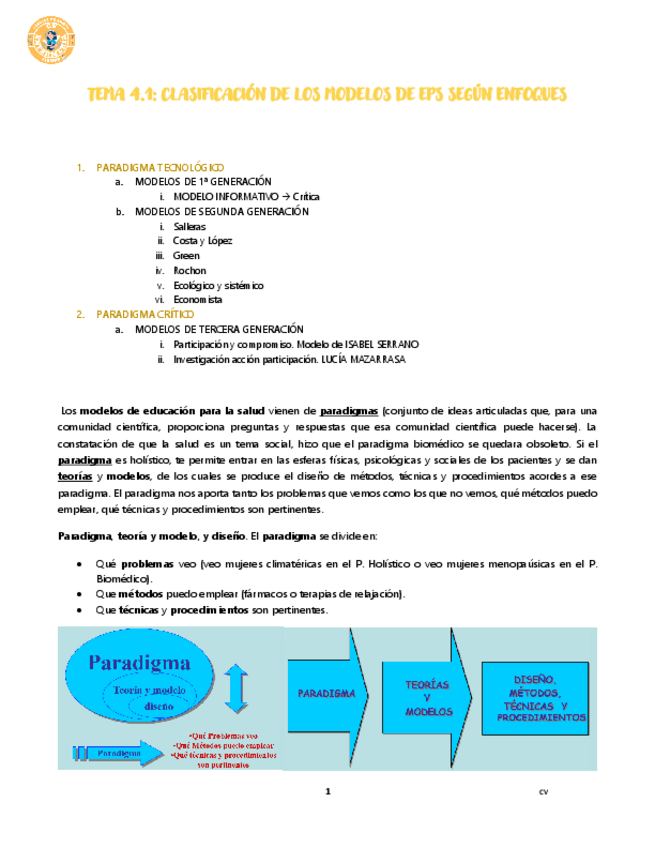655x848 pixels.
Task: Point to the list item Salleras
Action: point(189,226)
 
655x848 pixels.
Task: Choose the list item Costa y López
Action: point(203,241)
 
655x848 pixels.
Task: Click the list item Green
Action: point(186,256)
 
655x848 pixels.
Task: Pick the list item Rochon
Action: point(189,270)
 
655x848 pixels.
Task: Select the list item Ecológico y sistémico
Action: point(218,285)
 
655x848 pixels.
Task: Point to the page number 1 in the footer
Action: point(327,792)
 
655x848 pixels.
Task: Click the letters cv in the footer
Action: point(544,792)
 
